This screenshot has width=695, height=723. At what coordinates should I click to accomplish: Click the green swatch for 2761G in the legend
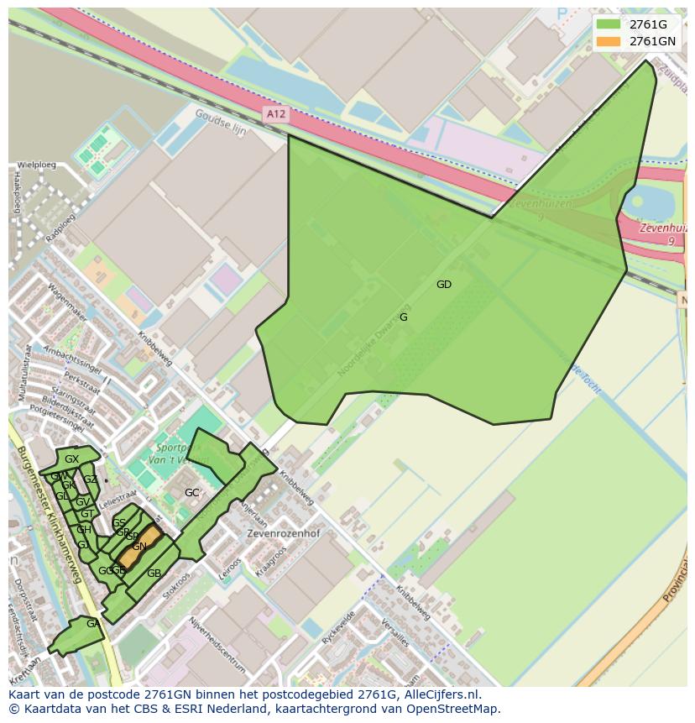(610, 24)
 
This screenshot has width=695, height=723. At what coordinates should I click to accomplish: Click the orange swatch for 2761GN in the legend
(610, 41)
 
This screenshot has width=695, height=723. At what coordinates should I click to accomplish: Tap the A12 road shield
(274, 113)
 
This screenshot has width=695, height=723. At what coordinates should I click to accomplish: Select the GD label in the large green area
(444, 285)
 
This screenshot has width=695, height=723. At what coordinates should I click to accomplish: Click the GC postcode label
(192, 493)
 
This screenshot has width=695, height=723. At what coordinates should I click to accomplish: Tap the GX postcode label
(71, 459)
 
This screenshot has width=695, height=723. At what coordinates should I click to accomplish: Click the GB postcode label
(154, 574)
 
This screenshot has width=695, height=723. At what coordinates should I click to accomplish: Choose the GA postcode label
(92, 624)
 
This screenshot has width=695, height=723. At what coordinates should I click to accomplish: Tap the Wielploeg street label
(37, 165)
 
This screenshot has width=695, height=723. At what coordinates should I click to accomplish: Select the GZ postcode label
(90, 479)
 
